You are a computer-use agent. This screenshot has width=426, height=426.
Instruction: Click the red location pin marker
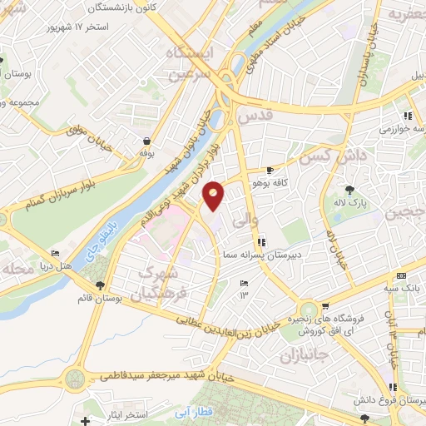pyautogui.click(x=214, y=195)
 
